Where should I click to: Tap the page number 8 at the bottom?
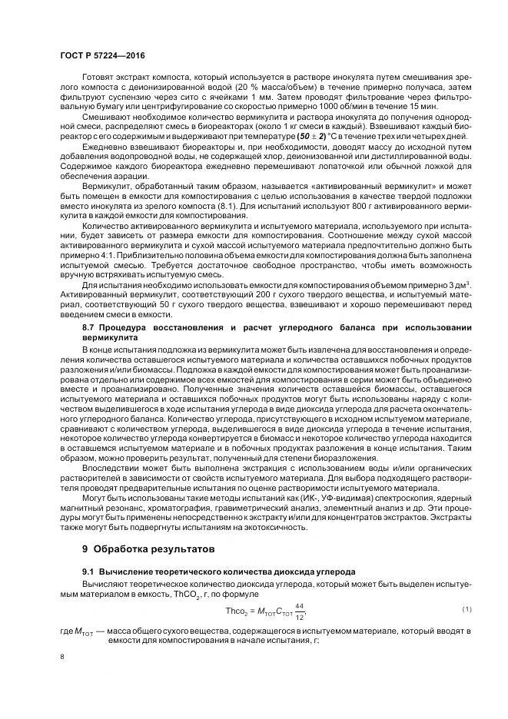click(x=61, y=658)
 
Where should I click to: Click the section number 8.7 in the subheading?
click(x=90, y=328)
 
